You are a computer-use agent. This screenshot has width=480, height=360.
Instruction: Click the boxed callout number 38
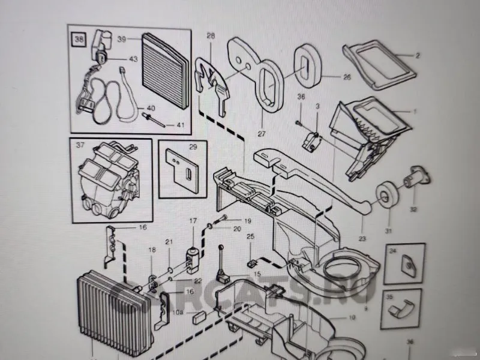coord(79,40)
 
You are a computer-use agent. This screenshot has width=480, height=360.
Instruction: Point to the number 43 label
coord(133,59)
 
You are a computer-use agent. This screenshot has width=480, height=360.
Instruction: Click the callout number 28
coord(211,37)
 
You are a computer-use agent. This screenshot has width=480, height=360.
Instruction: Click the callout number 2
coord(418,56)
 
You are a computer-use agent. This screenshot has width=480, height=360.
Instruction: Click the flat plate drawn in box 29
coord(182,170)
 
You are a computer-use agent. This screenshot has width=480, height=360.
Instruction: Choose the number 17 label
coord(193,221)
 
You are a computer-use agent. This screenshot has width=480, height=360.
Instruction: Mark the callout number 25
coord(251,238)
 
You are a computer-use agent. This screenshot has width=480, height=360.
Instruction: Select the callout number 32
coord(413,210)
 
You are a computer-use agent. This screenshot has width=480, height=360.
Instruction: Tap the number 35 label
coord(389,296)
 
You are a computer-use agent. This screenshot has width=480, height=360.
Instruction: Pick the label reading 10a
coord(178,312)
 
